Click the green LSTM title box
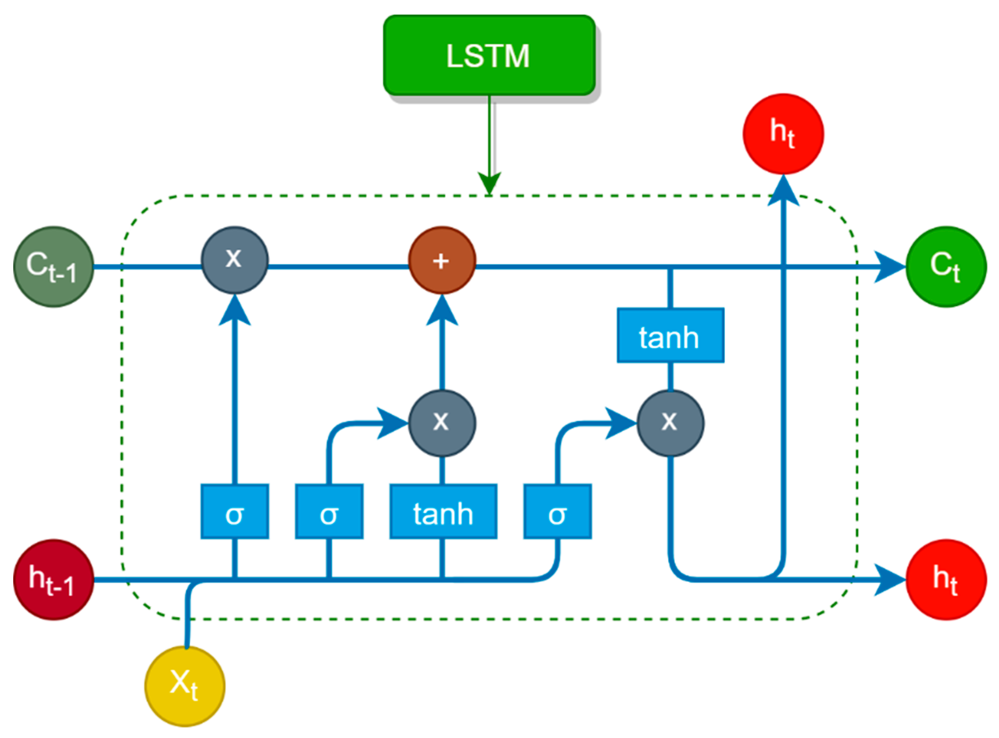pos(489,55)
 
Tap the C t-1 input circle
pos(54,267)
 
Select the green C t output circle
pos(946,267)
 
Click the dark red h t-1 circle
pos(54,580)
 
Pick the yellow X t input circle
pos(185,687)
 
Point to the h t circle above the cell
pos(783,134)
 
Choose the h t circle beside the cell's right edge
pos(946,580)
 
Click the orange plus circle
pos(442,260)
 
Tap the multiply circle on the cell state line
pos(235,260)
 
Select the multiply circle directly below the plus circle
pos(442,423)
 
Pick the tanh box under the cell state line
pos(670,335)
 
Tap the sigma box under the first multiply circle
pos(235,511)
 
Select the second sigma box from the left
pos(329,511)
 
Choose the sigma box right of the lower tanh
pos(557,511)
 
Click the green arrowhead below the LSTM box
pos(490,183)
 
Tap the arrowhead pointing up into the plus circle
pos(442,310)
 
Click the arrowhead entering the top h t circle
pos(783,190)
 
